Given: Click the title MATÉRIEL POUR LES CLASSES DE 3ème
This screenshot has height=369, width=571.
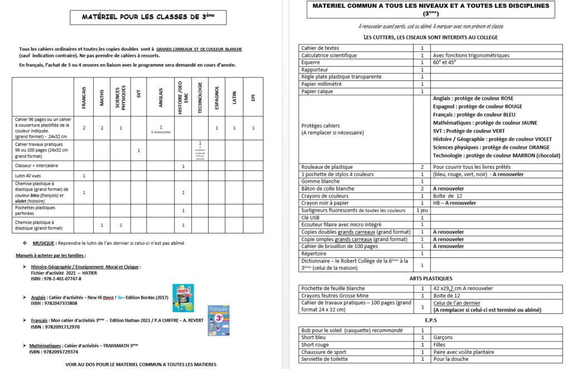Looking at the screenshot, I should point(147,17).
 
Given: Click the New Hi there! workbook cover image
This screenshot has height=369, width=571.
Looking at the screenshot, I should point(183,298).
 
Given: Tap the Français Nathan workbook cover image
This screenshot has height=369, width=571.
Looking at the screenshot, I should point(219,320).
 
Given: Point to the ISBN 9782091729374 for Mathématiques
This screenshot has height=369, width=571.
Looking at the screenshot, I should point(54,352).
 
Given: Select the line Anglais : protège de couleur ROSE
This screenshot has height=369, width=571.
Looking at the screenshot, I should point(473,99).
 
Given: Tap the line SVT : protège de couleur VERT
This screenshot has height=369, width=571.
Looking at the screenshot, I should point(468,131).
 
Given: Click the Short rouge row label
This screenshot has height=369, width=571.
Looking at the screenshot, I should point(316,345).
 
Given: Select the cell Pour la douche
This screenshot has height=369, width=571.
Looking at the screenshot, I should point(452,360).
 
